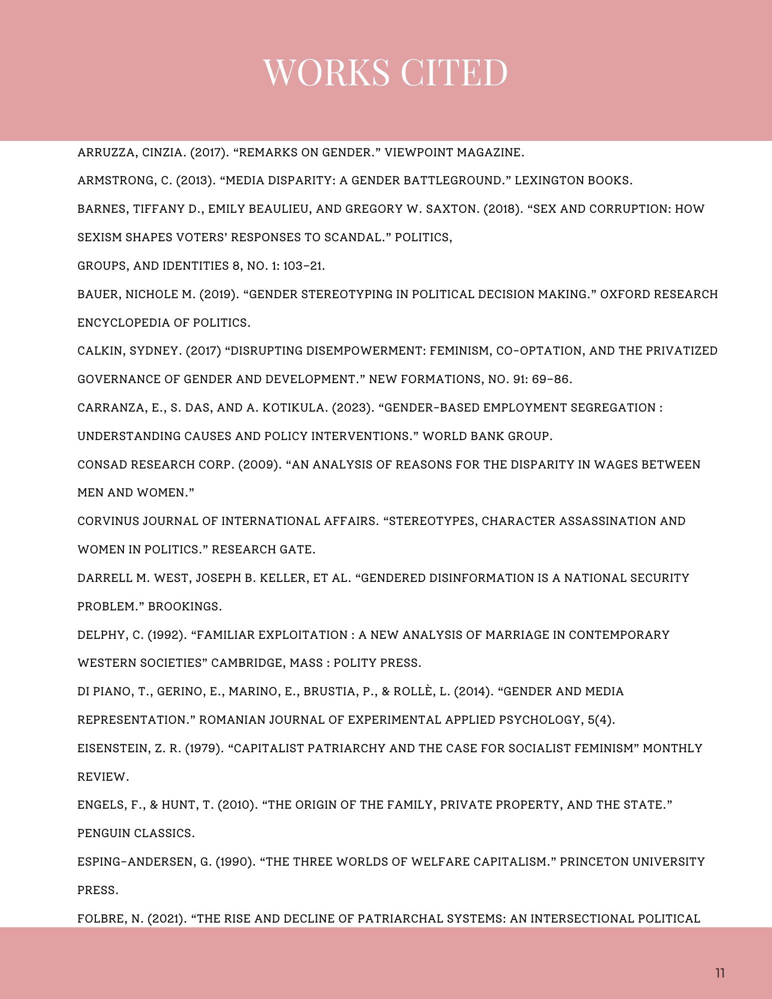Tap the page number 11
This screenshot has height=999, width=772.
pyautogui.click(x=720, y=973)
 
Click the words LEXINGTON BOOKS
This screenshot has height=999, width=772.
pyautogui.click(x=573, y=181)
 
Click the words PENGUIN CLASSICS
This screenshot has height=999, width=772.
pyautogui.click(x=136, y=834)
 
